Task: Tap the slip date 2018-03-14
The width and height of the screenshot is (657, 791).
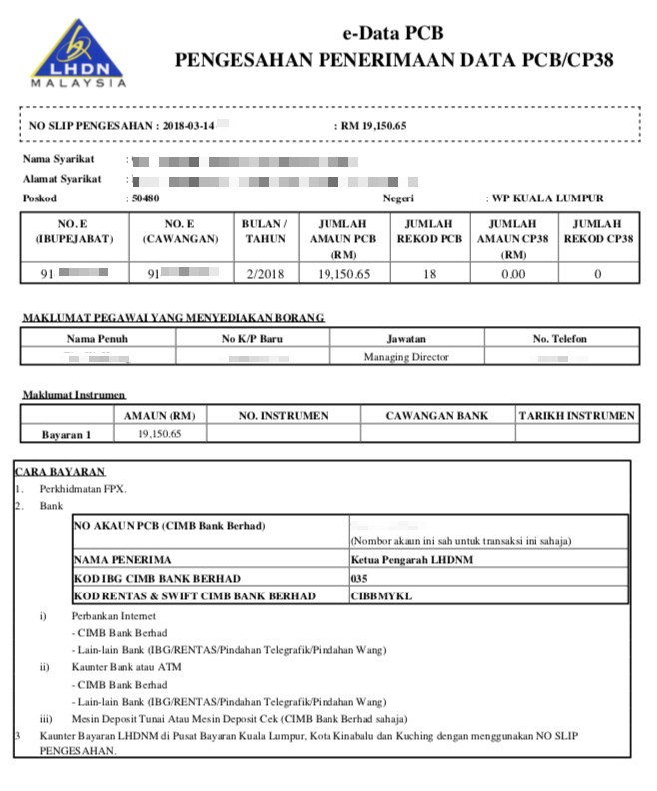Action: click(189, 126)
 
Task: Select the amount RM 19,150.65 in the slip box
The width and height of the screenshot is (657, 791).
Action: click(374, 126)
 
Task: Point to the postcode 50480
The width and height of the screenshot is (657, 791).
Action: click(145, 198)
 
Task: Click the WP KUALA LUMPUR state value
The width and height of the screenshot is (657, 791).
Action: click(544, 198)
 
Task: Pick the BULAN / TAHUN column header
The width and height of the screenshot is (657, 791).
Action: click(264, 232)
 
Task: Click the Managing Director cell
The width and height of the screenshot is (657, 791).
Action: click(406, 357)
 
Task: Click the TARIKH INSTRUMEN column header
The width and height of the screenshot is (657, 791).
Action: click(576, 415)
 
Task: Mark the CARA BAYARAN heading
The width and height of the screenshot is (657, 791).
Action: click(61, 471)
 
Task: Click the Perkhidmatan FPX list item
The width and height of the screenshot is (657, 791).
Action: click(83, 489)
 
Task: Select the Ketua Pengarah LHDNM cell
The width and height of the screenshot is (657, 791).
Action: click(399, 560)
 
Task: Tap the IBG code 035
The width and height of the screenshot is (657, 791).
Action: click(360, 579)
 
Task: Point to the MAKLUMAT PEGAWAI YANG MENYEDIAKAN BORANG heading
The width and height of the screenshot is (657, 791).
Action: click(173, 318)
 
